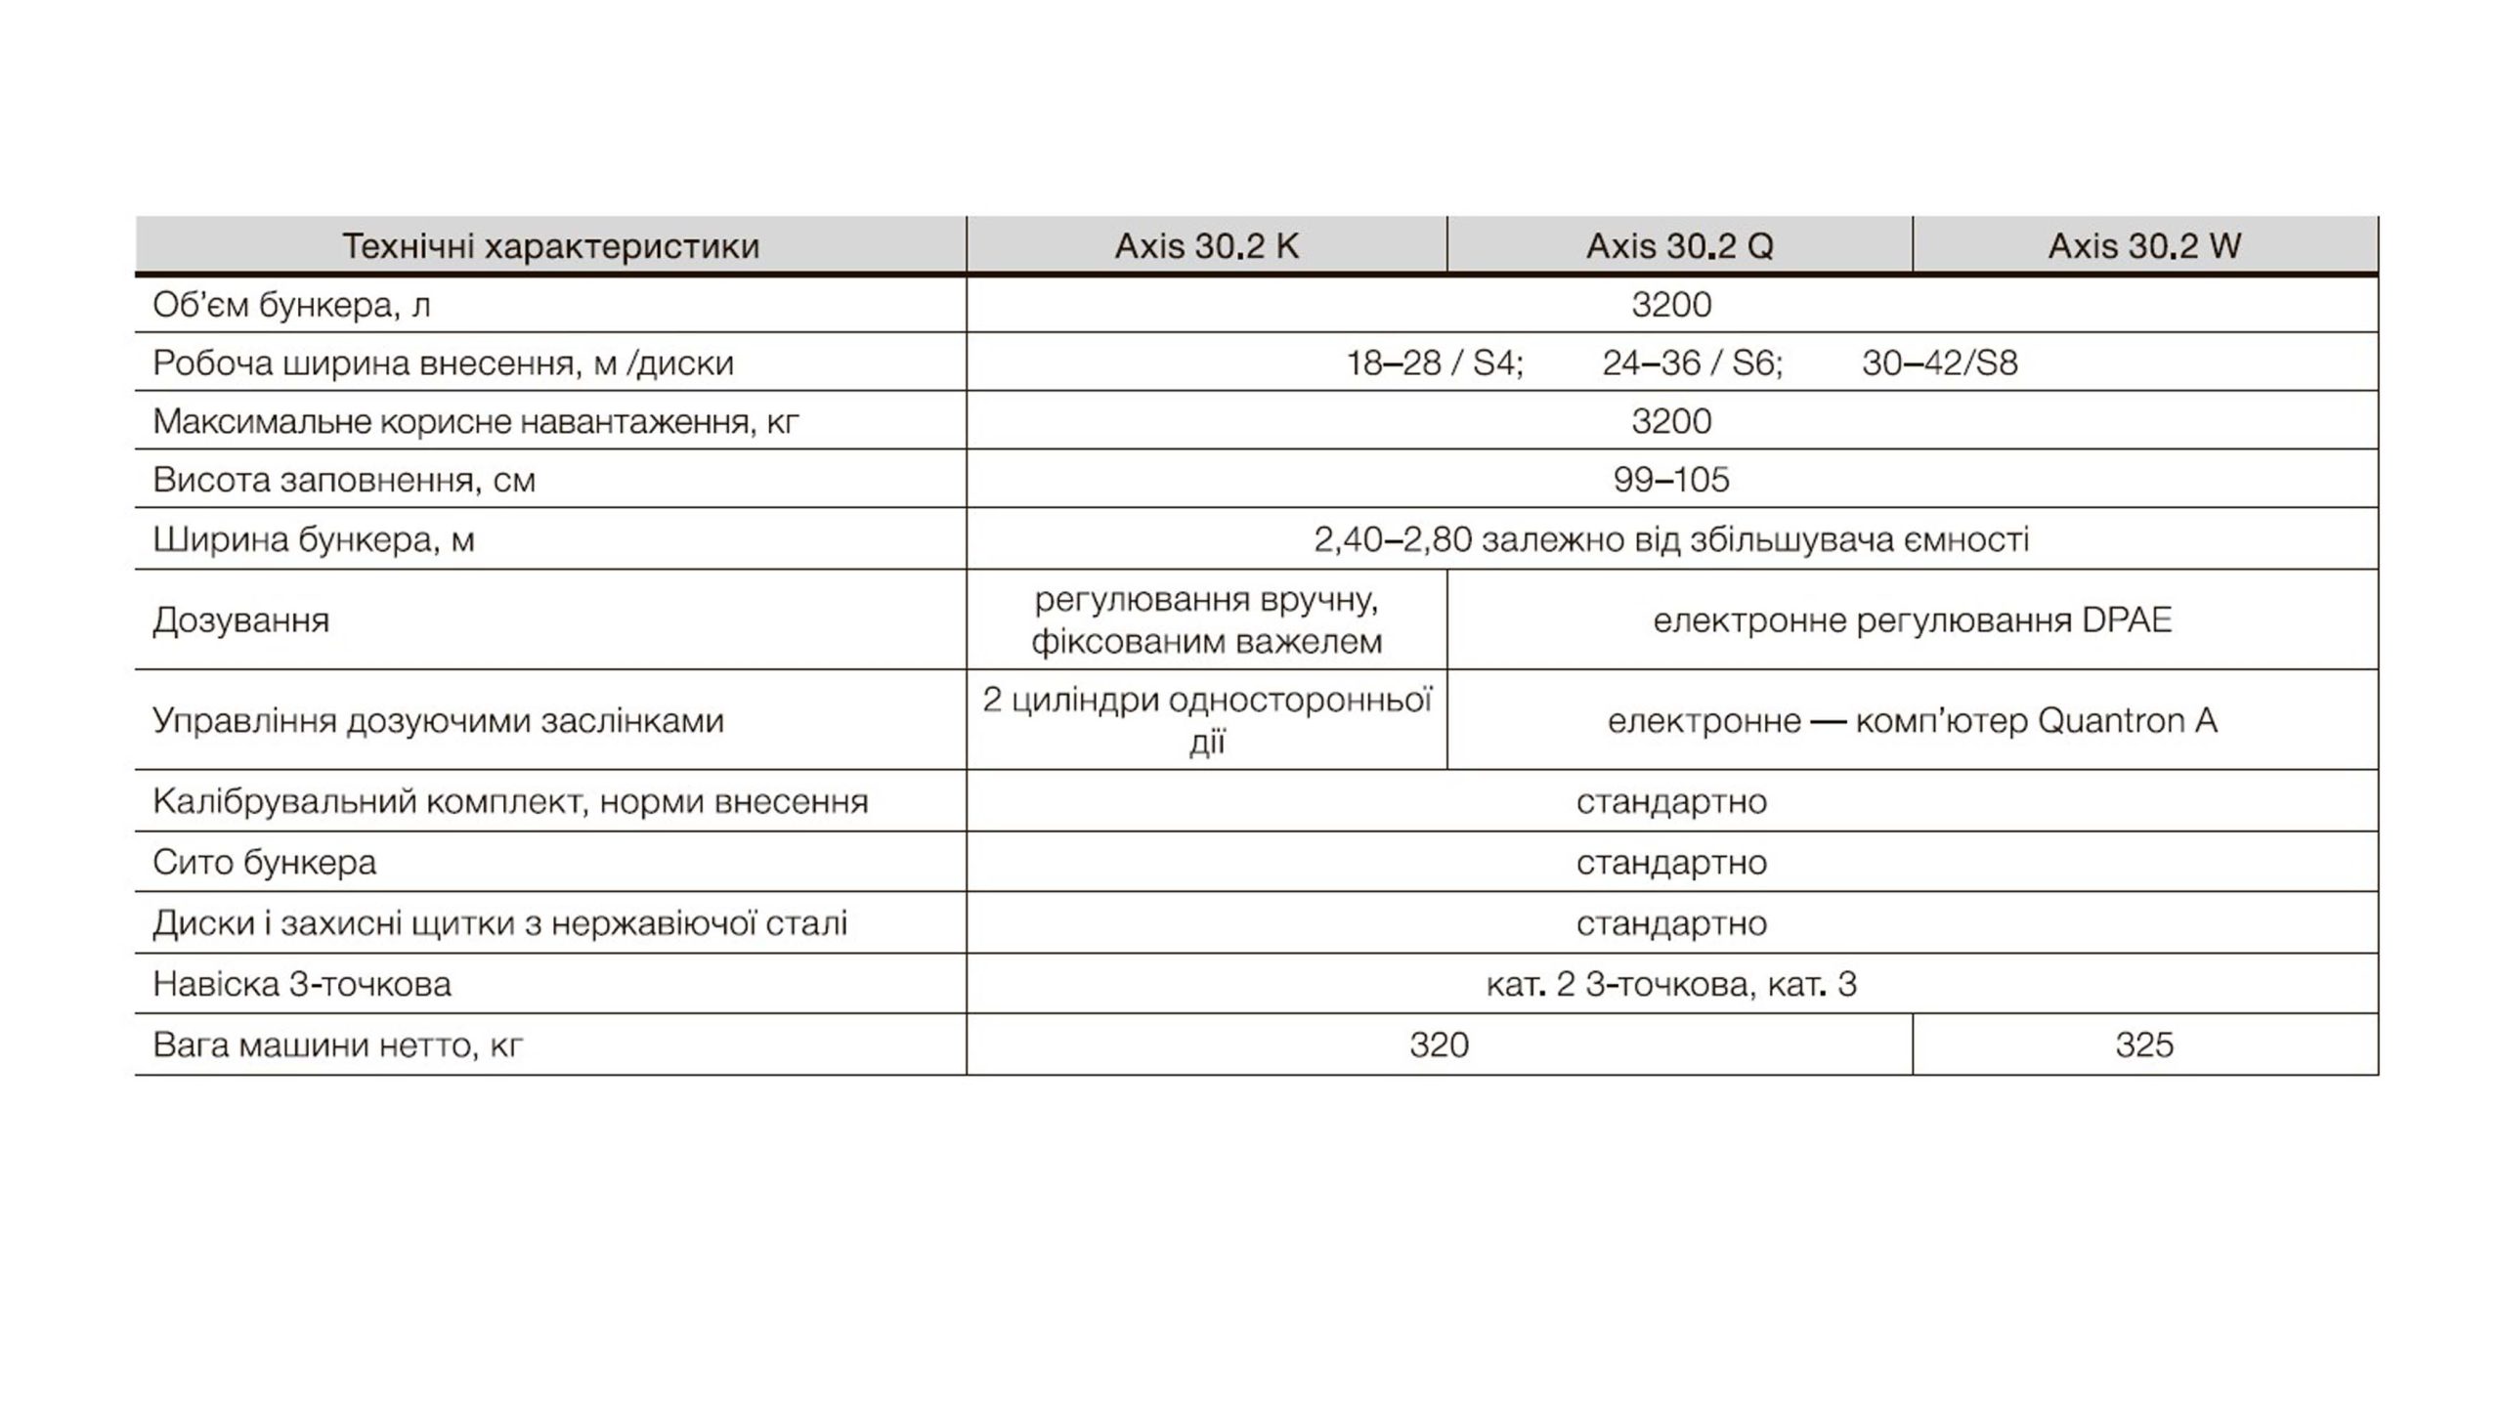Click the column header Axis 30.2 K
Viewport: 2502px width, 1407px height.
pyautogui.click(x=1206, y=245)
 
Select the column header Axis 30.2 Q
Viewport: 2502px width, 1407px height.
pyautogui.click(x=1679, y=245)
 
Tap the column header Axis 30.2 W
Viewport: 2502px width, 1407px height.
pyautogui.click(x=2144, y=245)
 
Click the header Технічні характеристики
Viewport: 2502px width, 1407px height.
pyautogui.click(x=550, y=245)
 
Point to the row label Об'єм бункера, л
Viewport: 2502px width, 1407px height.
pyautogui.click(x=291, y=306)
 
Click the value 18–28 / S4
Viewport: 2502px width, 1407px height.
pyautogui.click(x=1434, y=363)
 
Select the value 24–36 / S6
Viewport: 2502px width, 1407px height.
pyautogui.click(x=1692, y=363)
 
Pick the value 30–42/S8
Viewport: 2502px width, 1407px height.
pyautogui.click(x=1939, y=363)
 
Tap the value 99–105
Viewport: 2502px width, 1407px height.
pyautogui.click(x=1671, y=480)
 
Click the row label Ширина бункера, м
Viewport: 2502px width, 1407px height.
pyautogui.click(x=313, y=539)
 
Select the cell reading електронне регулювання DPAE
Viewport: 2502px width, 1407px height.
pyautogui.click(x=1912, y=620)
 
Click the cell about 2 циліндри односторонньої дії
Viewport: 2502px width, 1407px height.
pyautogui.click(x=1206, y=720)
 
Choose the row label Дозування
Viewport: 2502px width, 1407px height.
pyautogui.click(x=240, y=620)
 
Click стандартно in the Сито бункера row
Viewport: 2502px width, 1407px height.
pyautogui.click(x=1671, y=863)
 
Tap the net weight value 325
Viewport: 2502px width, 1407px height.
pyautogui.click(x=2144, y=1045)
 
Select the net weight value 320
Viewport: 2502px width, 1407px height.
pyautogui.click(x=1439, y=1045)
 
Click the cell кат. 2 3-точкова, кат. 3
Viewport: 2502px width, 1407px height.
pyautogui.click(x=1671, y=984)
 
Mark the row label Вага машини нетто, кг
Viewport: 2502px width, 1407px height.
pyautogui.click(x=337, y=1045)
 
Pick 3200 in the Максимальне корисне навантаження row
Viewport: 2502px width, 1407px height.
pyautogui.click(x=1671, y=421)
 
